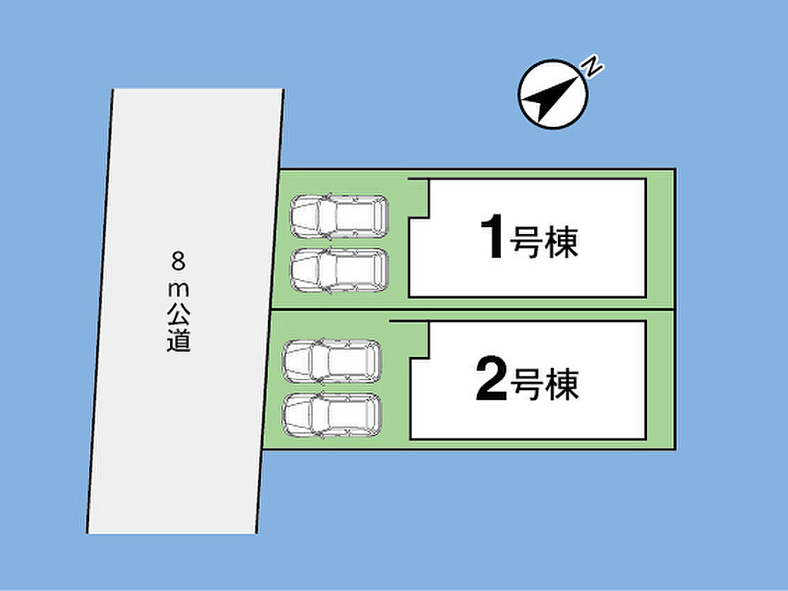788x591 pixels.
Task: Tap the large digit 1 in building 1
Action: coord(493,236)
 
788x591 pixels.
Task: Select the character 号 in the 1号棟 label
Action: coord(526,242)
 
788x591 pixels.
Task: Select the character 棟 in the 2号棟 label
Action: coord(562,384)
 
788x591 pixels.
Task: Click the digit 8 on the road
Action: coord(179,262)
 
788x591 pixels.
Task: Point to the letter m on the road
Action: coord(179,289)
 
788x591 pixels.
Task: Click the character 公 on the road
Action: coord(179,315)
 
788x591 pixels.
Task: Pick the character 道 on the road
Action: coord(179,341)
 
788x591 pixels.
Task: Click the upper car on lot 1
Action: coord(339,216)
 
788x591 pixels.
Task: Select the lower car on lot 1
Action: coord(339,270)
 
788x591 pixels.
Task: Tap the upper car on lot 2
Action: coord(332,362)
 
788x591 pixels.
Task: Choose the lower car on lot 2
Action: coord(332,415)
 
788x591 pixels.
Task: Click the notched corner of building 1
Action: coord(428,218)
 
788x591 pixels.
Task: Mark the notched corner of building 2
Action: coord(428,359)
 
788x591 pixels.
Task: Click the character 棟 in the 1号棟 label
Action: coord(561,242)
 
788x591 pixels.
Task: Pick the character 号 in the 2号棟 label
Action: coord(527,384)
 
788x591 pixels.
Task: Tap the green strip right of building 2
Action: coord(659,380)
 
